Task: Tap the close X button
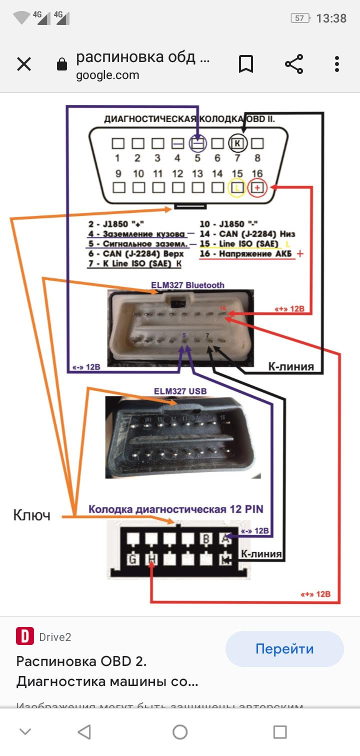(x=24, y=64)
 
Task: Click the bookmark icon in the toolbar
(x=246, y=64)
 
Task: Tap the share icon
(x=294, y=64)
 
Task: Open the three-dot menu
(x=337, y=64)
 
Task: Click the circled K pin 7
(x=238, y=143)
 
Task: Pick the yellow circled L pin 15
(x=236, y=188)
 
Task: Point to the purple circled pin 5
(x=197, y=143)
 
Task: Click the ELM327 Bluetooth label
(x=188, y=285)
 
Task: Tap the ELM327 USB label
(x=180, y=390)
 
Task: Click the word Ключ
(x=31, y=515)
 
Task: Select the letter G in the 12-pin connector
(x=132, y=559)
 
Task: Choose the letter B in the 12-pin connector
(x=206, y=539)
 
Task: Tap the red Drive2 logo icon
(x=24, y=636)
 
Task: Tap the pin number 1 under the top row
(x=117, y=158)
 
